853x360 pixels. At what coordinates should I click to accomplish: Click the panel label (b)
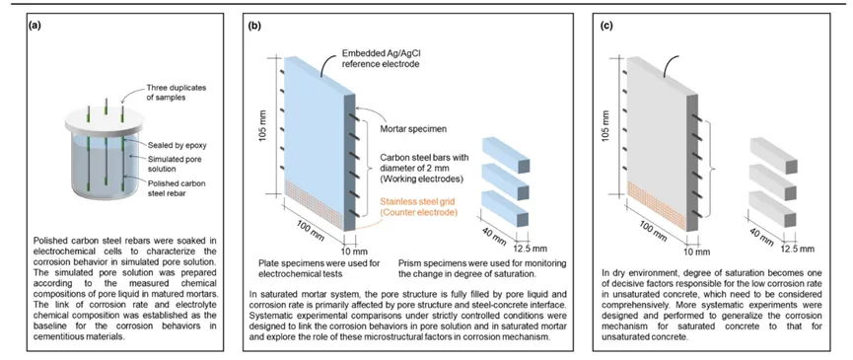(254, 25)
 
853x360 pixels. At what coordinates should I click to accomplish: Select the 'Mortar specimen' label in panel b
(409, 129)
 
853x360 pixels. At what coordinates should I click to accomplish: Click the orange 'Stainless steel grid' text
(418, 202)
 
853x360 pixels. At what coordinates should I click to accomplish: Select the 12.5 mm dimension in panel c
(798, 249)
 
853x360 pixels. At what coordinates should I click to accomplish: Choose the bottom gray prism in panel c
(773, 209)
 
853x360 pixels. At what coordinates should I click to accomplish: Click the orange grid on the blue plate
(314, 206)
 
